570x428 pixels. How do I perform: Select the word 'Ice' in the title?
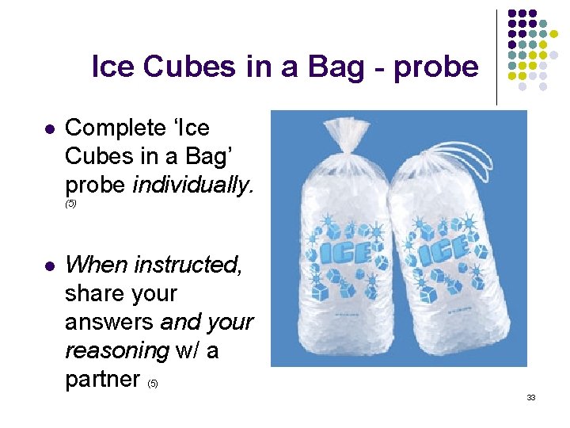point(116,67)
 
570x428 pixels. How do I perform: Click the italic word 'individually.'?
point(194,185)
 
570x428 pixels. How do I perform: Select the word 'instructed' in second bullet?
point(190,265)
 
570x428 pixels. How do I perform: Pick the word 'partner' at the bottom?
point(102,379)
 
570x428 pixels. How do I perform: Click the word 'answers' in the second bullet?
point(109,322)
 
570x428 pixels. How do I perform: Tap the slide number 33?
point(531,397)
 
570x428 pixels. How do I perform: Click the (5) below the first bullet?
point(70,204)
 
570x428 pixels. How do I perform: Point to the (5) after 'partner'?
point(153,384)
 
